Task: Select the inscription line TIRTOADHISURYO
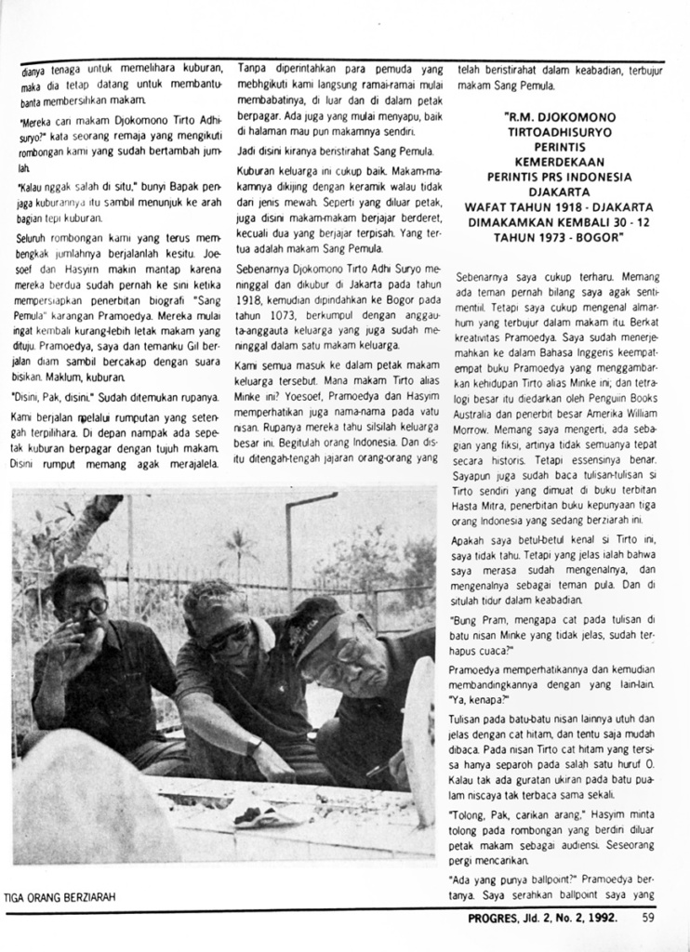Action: [559, 133]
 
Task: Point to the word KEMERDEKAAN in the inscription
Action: [559, 162]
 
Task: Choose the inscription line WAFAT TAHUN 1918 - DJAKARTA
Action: [559, 206]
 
